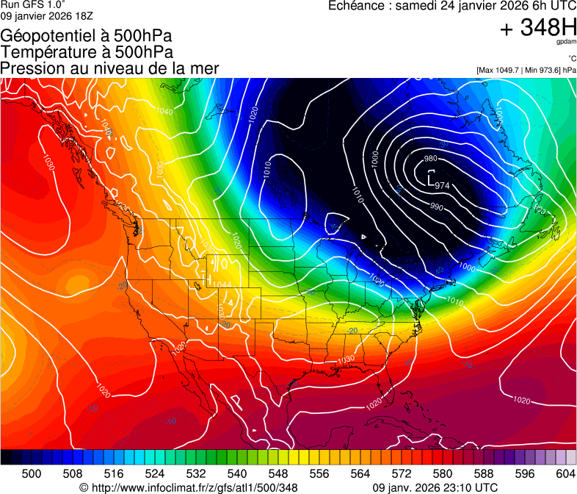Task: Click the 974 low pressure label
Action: click(443, 185)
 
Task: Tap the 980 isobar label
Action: click(431, 159)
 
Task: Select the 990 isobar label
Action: click(436, 206)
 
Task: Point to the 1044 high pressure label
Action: click(222, 284)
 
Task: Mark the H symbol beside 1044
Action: click(208, 284)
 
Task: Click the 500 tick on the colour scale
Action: click(32, 474)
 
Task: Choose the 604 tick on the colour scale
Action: click(566, 474)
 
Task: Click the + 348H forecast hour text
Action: click(538, 28)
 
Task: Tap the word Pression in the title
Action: click(29, 68)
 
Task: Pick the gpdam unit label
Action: click(567, 43)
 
